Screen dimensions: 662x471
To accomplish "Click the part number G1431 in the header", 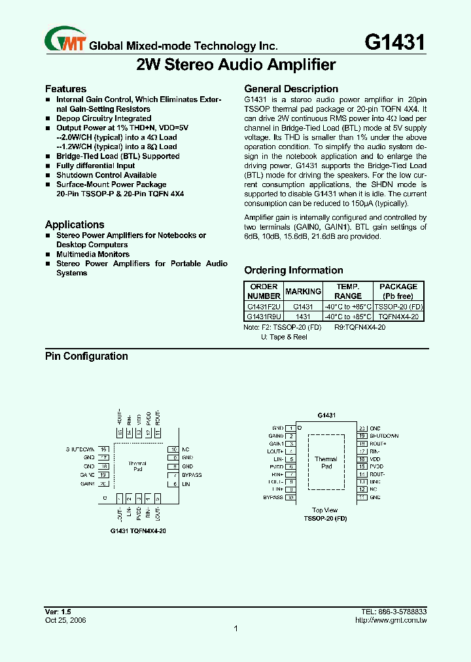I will point(394,43).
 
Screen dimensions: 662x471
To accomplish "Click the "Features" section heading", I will point(65,89).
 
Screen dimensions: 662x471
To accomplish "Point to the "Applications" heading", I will point(75,224).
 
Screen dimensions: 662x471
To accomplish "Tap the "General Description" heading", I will point(291,89).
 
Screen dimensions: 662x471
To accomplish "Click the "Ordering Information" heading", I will point(293,270).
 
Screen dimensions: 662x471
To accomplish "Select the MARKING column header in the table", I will point(303,291).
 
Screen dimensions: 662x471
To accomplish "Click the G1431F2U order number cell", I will point(264,307).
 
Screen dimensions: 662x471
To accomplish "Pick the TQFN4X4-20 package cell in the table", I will point(398,316).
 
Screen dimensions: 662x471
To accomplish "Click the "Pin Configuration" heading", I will point(86,357).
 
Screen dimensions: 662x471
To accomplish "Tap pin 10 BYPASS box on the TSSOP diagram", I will point(290,497).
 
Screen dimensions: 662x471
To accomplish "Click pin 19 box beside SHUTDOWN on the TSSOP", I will point(361,436).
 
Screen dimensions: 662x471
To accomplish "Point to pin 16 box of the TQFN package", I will point(104,449).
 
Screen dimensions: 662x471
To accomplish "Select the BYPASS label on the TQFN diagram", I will point(192,475).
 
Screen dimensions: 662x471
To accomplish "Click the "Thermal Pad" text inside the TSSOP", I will point(326,462).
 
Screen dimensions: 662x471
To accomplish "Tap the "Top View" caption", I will point(325,510).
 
